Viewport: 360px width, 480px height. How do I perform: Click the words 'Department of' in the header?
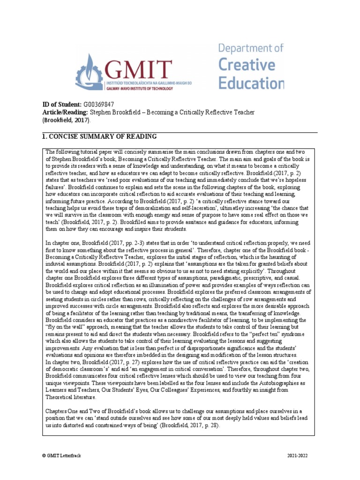[x=251, y=48]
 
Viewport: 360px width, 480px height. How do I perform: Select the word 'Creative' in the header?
[x=245, y=65]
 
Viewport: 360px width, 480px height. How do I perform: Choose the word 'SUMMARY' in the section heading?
[x=96, y=136]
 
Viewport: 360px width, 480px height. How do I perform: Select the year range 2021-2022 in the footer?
[x=297, y=456]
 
